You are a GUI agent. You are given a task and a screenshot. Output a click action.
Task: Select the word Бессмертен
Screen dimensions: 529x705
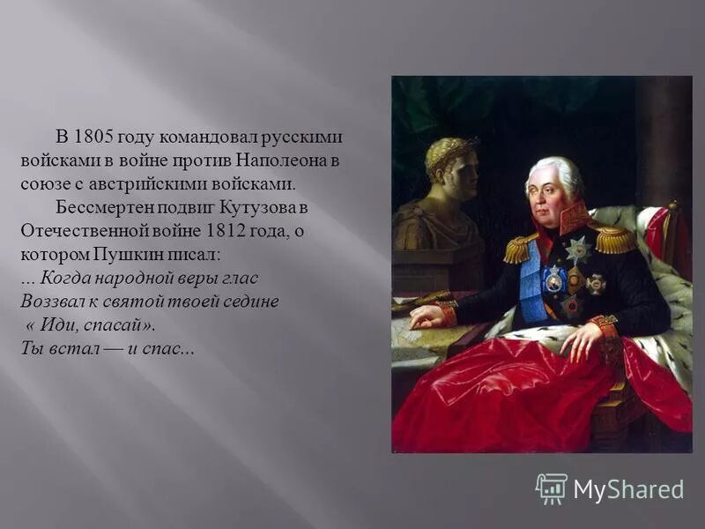coord(100,208)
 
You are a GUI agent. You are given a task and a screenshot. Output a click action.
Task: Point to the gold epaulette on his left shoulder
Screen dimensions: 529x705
coord(614,238)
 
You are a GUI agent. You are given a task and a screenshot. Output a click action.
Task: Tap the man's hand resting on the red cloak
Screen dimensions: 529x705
coord(582,339)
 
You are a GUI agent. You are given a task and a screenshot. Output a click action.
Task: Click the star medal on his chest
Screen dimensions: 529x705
coord(578,251)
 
